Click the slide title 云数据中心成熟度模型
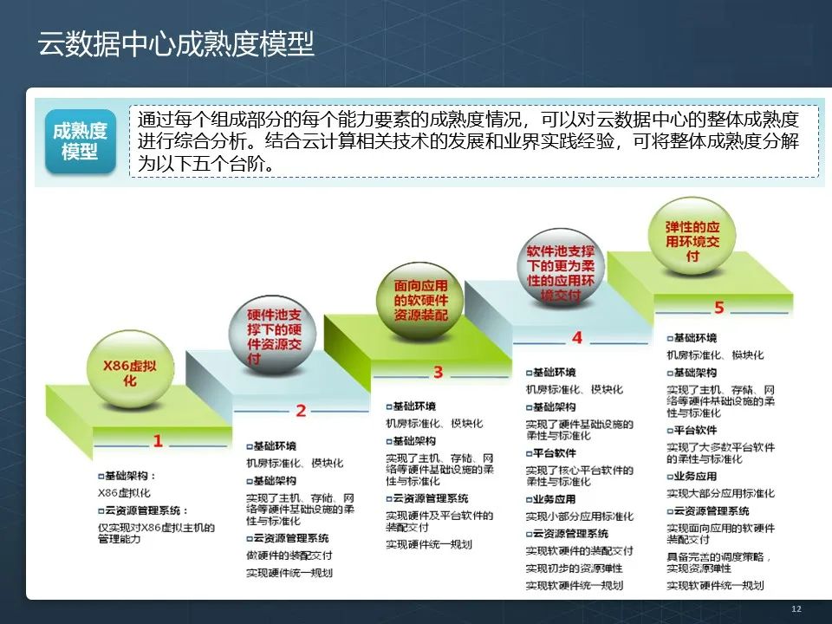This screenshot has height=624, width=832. [176, 43]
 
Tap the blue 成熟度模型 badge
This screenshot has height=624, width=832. [80, 141]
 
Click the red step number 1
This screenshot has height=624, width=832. [158, 441]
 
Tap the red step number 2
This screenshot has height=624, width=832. [301, 411]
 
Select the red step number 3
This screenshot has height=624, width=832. [438, 373]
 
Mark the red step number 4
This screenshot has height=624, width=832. [577, 337]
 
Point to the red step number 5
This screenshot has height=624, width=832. [718, 308]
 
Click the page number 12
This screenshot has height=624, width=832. [796, 610]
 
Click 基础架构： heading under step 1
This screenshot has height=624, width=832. [130, 476]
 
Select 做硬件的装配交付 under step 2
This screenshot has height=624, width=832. [289, 556]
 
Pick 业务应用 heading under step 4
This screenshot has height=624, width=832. [553, 499]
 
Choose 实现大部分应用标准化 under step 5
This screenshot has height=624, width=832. [720, 493]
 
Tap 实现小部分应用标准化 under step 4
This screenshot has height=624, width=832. [579, 517]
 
